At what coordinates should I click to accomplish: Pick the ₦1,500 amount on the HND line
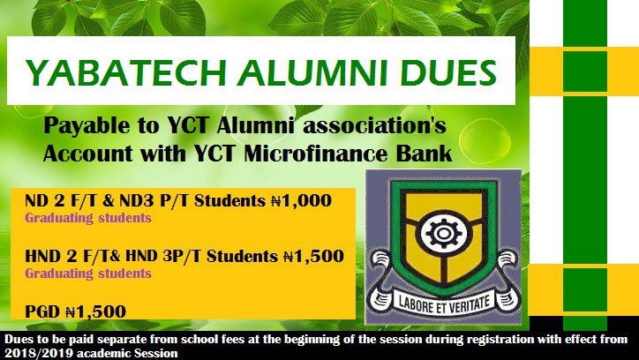click(x=312, y=257)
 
